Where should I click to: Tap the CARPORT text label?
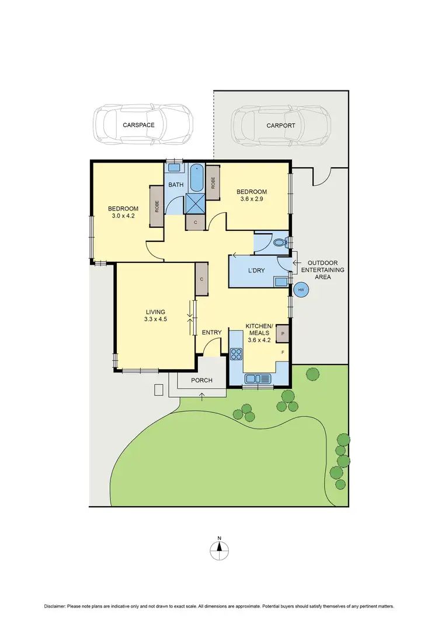[x=281, y=125]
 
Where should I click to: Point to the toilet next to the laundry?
[x=280, y=243]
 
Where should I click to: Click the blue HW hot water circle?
[x=301, y=289]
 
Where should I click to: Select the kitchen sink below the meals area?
[x=258, y=379]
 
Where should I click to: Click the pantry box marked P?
[x=283, y=334]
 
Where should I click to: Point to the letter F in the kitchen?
[x=283, y=353]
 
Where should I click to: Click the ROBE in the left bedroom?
[x=157, y=206]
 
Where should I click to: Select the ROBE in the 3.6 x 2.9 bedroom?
[x=213, y=182]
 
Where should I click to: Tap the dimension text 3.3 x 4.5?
[x=156, y=319]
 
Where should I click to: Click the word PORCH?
[x=201, y=381]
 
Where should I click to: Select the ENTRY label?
[x=211, y=333]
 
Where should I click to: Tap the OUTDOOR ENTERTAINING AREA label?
[x=323, y=270]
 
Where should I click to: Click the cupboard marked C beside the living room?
[x=201, y=279]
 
